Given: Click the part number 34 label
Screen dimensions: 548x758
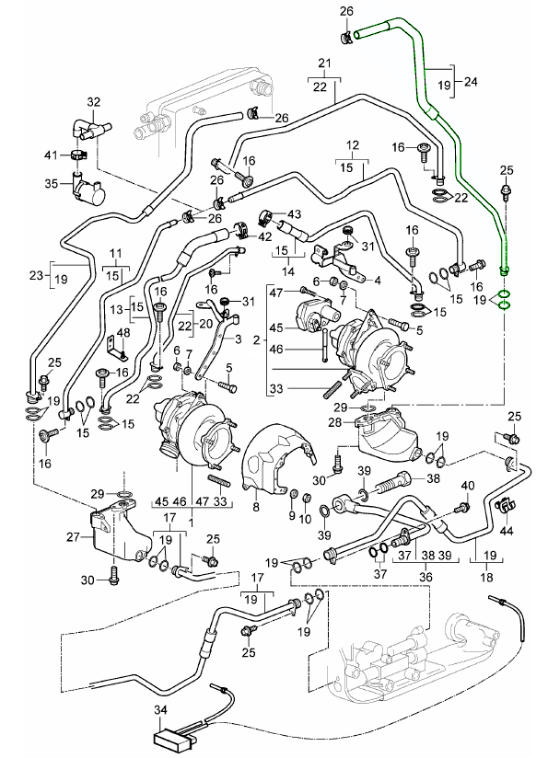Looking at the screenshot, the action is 161,709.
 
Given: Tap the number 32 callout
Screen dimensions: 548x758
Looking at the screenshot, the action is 93,102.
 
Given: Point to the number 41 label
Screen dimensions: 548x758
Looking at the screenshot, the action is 51,155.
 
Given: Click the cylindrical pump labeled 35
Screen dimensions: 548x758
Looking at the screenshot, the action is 89,189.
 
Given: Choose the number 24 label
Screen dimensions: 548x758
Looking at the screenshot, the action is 471,82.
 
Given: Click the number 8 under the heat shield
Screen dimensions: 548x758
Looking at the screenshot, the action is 256,507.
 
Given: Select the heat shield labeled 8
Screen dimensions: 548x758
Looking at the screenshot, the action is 276,458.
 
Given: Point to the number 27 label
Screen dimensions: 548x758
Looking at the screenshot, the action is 73,536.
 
